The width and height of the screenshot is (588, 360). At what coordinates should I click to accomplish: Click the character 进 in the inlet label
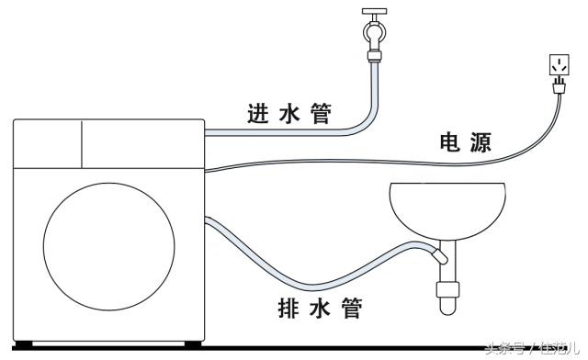(x=259, y=114)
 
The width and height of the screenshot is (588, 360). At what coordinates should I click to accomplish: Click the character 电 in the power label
(x=450, y=142)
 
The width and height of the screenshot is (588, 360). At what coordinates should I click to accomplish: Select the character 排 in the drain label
(x=289, y=309)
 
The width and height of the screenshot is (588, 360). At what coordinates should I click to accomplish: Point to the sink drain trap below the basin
(x=447, y=285)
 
